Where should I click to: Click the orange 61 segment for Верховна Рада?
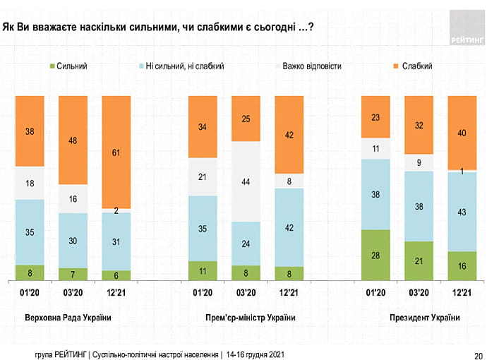point(116,152)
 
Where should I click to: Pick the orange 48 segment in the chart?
point(73,140)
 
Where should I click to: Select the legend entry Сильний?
point(71,66)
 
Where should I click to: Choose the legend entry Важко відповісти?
point(311,66)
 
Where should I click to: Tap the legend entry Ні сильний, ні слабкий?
point(184,66)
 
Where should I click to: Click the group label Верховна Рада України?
point(68,318)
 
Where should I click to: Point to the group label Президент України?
point(424,318)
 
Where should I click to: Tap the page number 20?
point(478,354)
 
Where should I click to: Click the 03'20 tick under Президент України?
point(419,292)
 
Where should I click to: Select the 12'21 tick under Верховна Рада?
point(116,292)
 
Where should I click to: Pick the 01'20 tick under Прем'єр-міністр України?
point(203,292)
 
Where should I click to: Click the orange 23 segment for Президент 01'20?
point(375,116)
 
